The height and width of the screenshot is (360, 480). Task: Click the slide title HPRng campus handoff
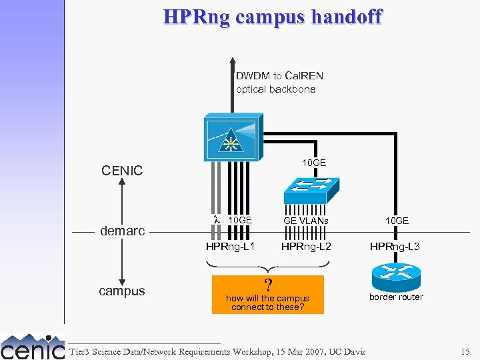pyautogui.click(x=273, y=16)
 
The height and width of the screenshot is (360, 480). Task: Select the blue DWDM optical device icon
pyautogui.click(x=231, y=137)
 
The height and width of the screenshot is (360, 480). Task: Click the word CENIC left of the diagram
pyautogui.click(x=122, y=171)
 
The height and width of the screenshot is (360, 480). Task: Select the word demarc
pyautogui.click(x=122, y=231)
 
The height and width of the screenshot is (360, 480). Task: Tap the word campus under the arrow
pyautogui.click(x=121, y=291)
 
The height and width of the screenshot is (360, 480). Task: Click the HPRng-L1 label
pyautogui.click(x=230, y=247)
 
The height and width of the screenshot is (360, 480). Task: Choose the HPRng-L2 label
pyautogui.click(x=306, y=247)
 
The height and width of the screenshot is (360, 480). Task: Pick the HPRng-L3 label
pyautogui.click(x=395, y=247)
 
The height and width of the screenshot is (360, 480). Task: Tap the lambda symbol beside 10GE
pyautogui.click(x=216, y=220)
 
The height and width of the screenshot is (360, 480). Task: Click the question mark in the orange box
pyautogui.click(x=268, y=285)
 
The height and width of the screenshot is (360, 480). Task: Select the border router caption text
pyautogui.click(x=396, y=297)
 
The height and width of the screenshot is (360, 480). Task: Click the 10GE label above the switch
pyautogui.click(x=313, y=163)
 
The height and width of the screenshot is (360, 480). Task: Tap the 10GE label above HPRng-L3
pyautogui.click(x=396, y=221)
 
